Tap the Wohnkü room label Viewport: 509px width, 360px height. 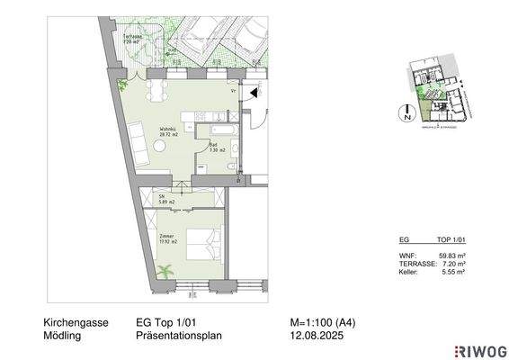coord(168,131)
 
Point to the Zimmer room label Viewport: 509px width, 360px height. coord(165,238)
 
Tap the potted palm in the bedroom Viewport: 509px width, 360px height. coord(165,271)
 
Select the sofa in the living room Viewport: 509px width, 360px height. coord(141,139)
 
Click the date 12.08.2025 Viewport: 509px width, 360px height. coord(309,336)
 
